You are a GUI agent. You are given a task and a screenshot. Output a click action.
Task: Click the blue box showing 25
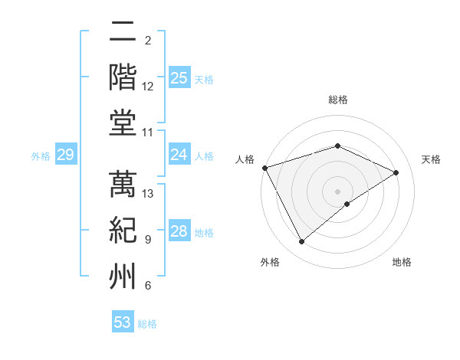pyautogui.click(x=179, y=77)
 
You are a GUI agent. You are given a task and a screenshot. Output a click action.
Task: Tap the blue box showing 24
pyautogui.click(x=179, y=155)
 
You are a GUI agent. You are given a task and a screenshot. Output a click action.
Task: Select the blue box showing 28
pyautogui.click(x=179, y=231)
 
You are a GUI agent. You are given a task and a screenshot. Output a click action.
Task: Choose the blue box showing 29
pyautogui.click(x=65, y=155)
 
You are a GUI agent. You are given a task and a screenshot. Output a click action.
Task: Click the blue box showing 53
pyautogui.click(x=123, y=322)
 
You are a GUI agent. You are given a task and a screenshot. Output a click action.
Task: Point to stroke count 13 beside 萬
pyautogui.click(x=149, y=194)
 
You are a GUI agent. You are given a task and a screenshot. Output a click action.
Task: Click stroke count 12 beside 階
pyautogui.click(x=148, y=87)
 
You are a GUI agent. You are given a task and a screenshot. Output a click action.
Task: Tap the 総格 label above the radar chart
pyautogui.click(x=337, y=100)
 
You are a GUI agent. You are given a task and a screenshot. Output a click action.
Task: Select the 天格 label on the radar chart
pyautogui.click(x=431, y=159)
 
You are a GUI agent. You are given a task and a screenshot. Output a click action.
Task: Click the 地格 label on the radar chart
pyautogui.click(x=402, y=262)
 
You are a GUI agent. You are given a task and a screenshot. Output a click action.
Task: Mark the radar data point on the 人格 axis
pyautogui.click(x=264, y=168)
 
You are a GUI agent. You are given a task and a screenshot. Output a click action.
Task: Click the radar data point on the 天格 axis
pyautogui.click(x=396, y=172)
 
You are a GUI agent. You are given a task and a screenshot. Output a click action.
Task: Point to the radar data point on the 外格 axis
pyautogui.click(x=301, y=241)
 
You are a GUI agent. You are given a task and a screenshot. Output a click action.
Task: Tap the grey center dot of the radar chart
pyautogui.click(x=337, y=191)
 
